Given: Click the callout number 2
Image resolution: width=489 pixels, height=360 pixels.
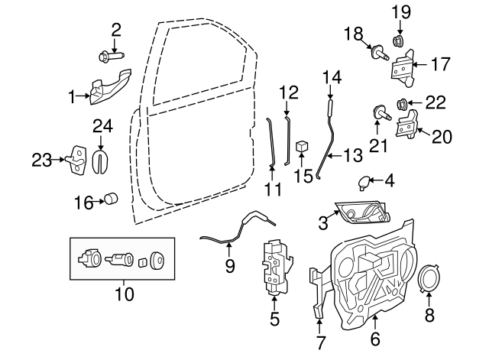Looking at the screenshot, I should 116,31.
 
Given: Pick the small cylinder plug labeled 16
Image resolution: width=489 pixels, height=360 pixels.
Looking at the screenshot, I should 112,200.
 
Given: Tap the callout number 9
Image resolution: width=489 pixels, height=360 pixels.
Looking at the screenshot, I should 229,267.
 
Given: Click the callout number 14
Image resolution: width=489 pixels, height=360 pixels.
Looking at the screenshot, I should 331,76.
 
